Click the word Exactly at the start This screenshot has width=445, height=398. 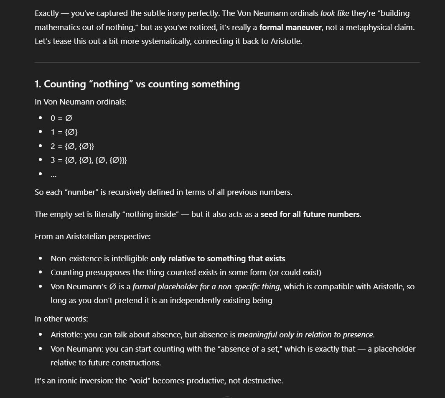(x=47, y=13)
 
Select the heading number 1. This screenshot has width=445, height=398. (x=38, y=84)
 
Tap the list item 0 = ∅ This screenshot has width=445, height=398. (x=61, y=118)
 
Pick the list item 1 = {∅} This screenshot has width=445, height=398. (x=64, y=132)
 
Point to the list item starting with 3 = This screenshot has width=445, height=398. (x=89, y=160)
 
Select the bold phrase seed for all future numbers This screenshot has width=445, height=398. (x=310, y=214)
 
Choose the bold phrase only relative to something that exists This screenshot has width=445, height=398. (x=218, y=259)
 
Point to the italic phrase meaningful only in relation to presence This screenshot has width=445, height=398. (x=305, y=335)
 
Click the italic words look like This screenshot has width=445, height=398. (x=335, y=13)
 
